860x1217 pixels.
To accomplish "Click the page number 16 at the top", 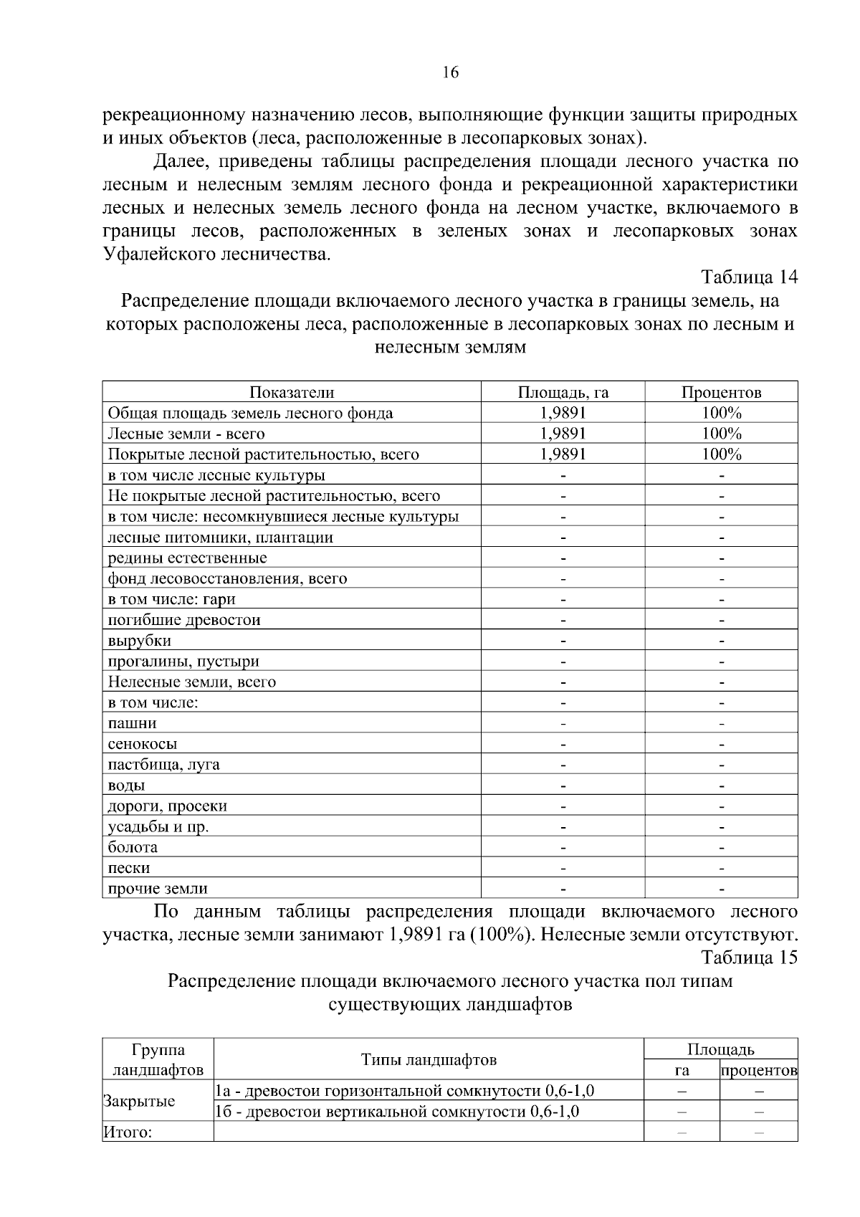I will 450,72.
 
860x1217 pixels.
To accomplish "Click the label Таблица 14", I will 749,277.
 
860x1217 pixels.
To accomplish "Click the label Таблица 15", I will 749,958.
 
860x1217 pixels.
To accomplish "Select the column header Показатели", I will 292,392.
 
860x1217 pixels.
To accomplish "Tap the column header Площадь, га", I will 563,392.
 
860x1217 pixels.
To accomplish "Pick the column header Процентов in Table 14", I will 721,392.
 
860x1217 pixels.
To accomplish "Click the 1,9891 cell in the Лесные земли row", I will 563,434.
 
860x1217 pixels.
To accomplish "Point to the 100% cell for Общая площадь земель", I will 721,413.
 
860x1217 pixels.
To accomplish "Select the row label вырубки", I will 140,641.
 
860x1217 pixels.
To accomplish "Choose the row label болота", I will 133,847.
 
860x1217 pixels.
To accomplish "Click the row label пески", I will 129,868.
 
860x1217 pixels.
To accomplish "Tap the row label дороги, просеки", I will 167,806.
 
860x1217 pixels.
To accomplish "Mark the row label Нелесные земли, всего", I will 191,682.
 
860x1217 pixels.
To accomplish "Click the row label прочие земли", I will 158,889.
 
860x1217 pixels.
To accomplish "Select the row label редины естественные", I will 187,558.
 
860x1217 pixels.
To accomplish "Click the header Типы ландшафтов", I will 429,1060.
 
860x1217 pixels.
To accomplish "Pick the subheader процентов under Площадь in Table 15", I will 758,1071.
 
